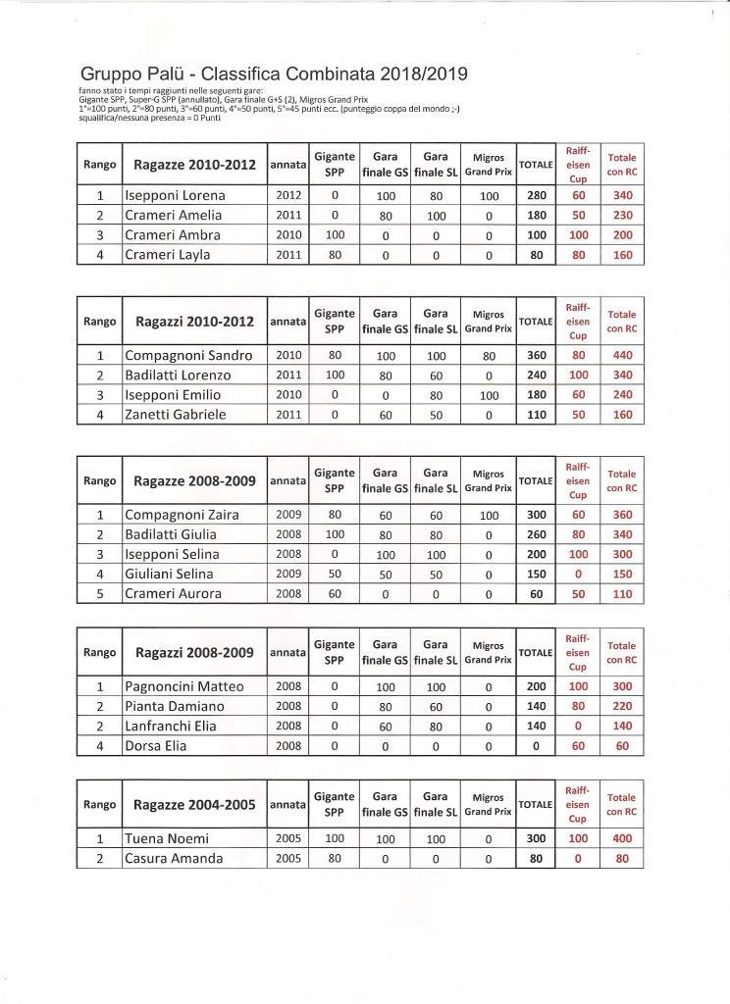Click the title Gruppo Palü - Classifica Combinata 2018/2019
point(274,74)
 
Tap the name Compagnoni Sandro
point(188,355)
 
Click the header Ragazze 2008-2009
point(194,481)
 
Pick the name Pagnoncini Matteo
point(184,686)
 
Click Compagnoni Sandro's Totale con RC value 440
point(620,355)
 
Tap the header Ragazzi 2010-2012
point(194,322)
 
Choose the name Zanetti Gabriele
point(176,415)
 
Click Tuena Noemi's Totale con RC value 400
point(620,838)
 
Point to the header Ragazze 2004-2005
point(194,805)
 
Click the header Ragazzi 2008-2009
point(194,653)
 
